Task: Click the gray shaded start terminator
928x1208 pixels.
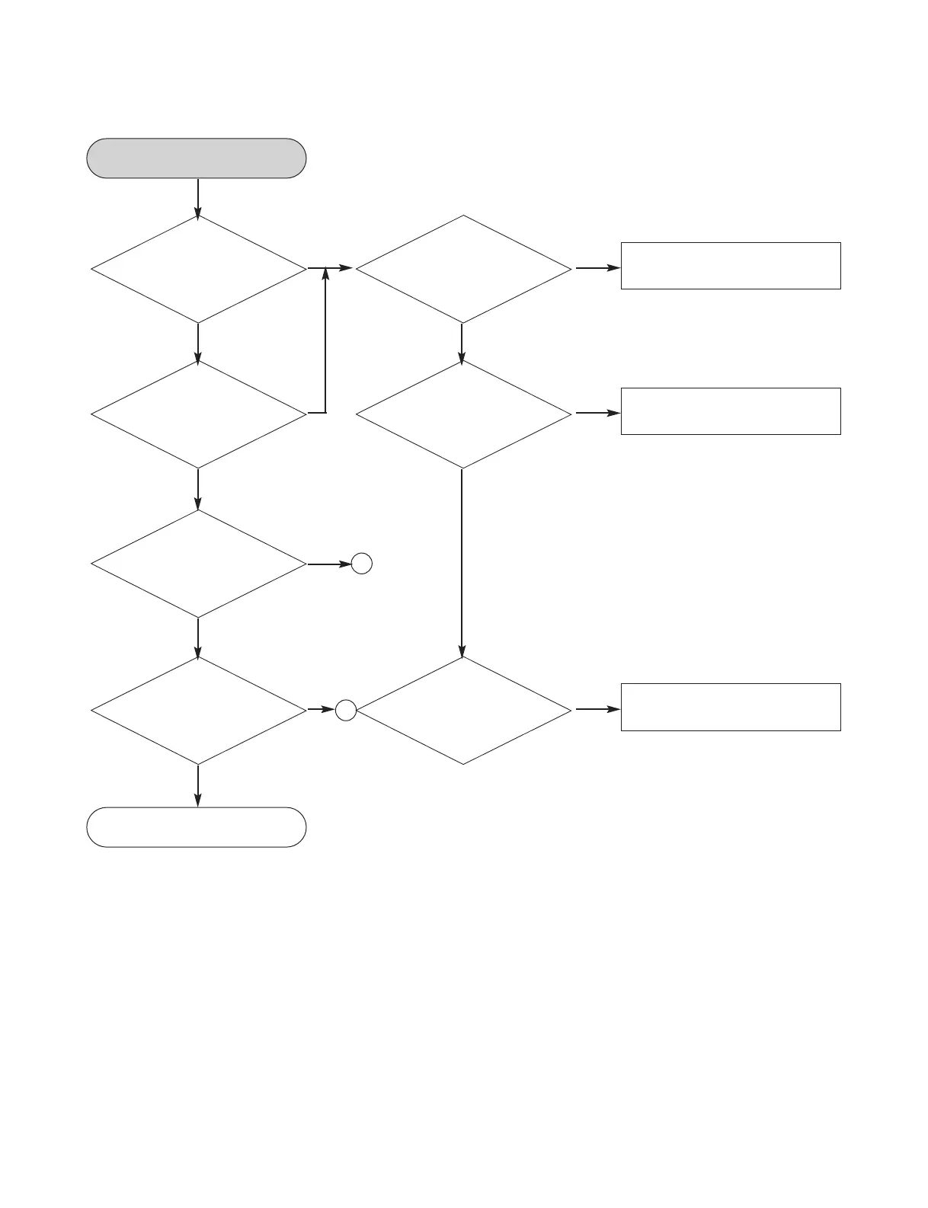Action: [197, 158]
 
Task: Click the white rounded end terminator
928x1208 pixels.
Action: [197, 827]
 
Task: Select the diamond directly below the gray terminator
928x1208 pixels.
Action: [198, 269]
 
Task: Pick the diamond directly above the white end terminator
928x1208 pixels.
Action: [198, 711]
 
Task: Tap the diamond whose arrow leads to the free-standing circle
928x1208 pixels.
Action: [198, 564]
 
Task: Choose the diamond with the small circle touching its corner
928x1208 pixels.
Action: [463, 711]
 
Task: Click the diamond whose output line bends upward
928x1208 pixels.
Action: [198, 414]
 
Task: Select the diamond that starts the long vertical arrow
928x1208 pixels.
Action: [463, 414]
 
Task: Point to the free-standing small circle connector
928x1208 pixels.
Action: [362, 564]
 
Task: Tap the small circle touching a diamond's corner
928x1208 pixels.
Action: [346, 711]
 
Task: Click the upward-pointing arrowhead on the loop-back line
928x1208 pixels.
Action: [325, 273]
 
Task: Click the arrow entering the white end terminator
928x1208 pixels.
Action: [198, 786]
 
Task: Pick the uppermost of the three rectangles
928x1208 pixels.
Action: [731, 266]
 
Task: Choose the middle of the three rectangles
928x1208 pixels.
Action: [731, 411]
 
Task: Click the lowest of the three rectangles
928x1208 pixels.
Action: [731, 707]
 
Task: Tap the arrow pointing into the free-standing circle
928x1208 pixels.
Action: [329, 564]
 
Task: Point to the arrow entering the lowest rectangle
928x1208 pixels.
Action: [597, 709]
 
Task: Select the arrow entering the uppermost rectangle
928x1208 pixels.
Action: [597, 268]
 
